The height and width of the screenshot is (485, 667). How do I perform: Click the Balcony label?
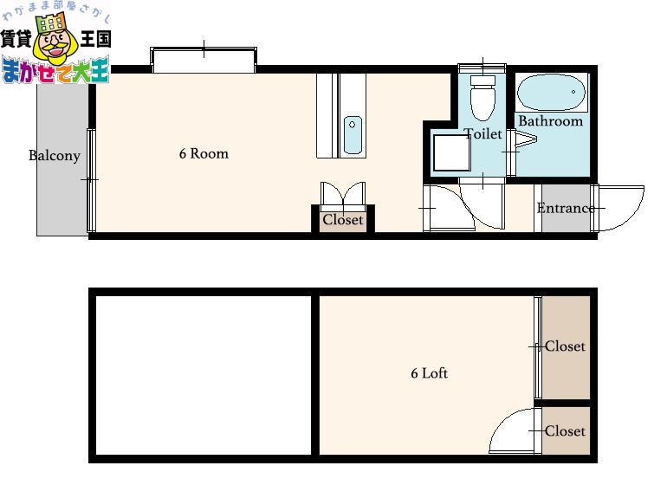pyautogui.click(x=55, y=156)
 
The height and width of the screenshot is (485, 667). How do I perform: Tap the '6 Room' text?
pyautogui.click(x=204, y=153)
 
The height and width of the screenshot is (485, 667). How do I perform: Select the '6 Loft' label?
pyautogui.click(x=429, y=373)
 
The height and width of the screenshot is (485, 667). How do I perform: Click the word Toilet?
pyautogui.click(x=483, y=133)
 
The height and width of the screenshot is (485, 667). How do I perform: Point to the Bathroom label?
pyautogui.click(x=550, y=121)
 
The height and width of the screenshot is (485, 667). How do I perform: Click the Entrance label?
pyautogui.click(x=566, y=208)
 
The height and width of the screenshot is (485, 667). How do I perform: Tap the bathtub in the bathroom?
pyautogui.click(x=551, y=93)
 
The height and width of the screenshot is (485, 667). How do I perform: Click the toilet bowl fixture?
pyautogui.click(x=482, y=98)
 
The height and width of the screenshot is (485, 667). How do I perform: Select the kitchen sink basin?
pyautogui.click(x=353, y=134)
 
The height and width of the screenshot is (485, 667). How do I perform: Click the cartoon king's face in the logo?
pyautogui.click(x=55, y=44)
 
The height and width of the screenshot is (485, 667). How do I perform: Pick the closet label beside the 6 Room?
pyautogui.click(x=343, y=219)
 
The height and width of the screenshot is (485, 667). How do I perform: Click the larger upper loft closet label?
pyautogui.click(x=566, y=346)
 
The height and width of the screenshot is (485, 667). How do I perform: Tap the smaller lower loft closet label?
pyautogui.click(x=566, y=431)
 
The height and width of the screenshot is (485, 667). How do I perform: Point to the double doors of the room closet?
pyautogui.click(x=343, y=194)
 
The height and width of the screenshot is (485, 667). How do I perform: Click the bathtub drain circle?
pyautogui.click(x=573, y=92)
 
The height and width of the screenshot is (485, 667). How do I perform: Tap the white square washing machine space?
pyautogui.click(x=452, y=152)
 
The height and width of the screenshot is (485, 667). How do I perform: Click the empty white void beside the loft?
pyautogui.click(x=204, y=375)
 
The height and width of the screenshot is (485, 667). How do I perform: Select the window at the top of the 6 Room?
pyautogui.click(x=204, y=60)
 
